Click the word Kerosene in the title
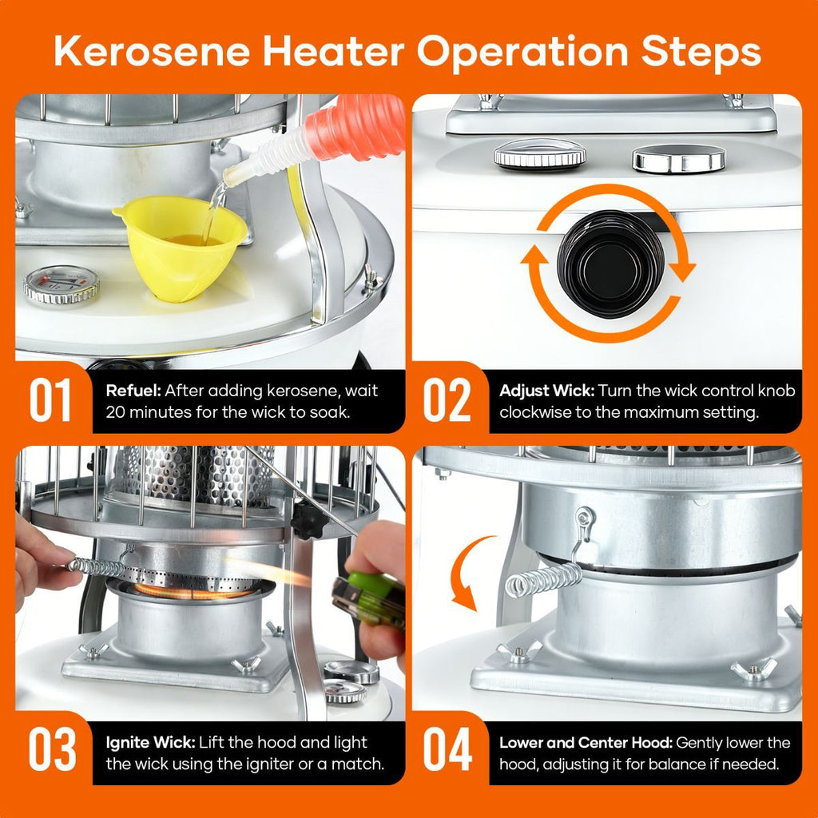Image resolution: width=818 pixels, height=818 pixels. click(152, 52)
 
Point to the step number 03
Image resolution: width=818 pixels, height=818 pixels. click(52, 749)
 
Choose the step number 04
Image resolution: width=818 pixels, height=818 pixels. click(447, 749)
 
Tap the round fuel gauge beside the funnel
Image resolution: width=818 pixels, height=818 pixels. click(62, 284)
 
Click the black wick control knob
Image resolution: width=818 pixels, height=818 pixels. click(610, 264)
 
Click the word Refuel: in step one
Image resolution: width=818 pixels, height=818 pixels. click(133, 391)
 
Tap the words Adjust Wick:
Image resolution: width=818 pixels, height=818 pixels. click(546, 391)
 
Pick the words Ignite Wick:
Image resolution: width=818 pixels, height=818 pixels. click(150, 742)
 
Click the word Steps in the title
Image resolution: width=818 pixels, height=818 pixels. click(701, 52)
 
